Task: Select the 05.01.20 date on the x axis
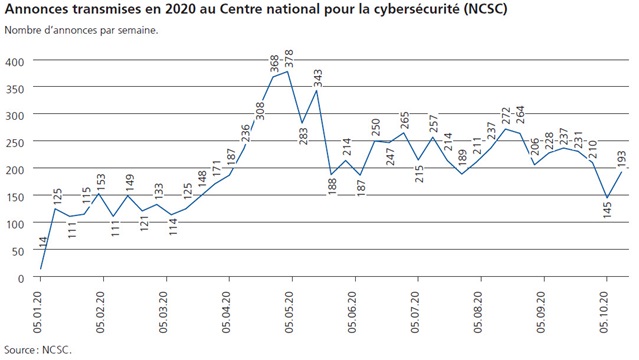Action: click(x=39, y=308)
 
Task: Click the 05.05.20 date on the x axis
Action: click(x=290, y=308)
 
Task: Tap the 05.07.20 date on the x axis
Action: click(x=416, y=308)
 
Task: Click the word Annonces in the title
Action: click(x=39, y=10)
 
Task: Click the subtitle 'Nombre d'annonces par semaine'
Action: click(x=81, y=29)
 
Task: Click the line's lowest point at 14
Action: click(x=40, y=269)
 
